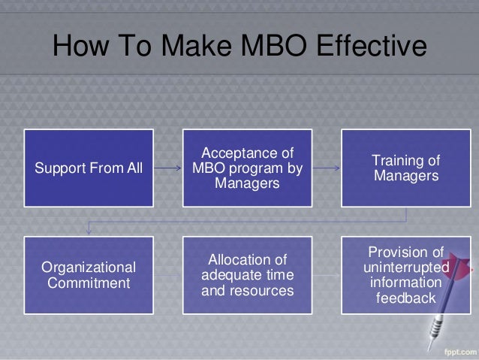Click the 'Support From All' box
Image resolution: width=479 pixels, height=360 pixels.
pyautogui.click(x=88, y=167)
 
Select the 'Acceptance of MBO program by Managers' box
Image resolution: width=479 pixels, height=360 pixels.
pyautogui.click(x=248, y=167)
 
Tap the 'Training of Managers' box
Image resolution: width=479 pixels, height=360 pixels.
pyautogui.click(x=406, y=167)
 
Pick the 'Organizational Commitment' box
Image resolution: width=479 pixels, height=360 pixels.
pyautogui.click(x=88, y=274)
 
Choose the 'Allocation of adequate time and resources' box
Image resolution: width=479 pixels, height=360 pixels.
pyautogui.click(x=248, y=274)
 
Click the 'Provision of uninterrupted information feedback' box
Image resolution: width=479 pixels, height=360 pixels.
pyautogui.click(x=406, y=274)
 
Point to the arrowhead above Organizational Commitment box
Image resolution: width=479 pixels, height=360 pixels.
pyautogui.click(x=89, y=228)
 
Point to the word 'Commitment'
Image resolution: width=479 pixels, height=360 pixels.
pyautogui.click(x=89, y=283)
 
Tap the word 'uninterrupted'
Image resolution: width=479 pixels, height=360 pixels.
pyautogui.click(x=406, y=268)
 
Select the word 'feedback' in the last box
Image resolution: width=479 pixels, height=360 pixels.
pyautogui.click(x=406, y=298)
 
